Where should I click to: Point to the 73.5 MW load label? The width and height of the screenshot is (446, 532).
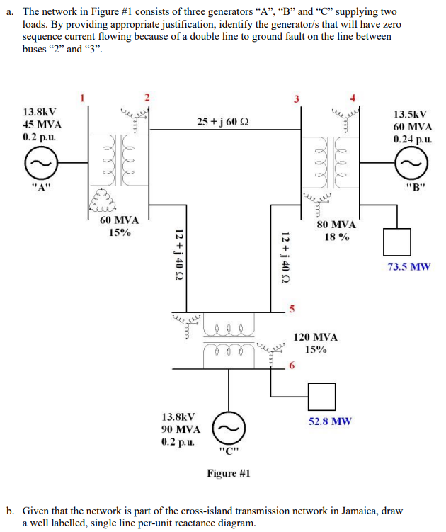point(408,267)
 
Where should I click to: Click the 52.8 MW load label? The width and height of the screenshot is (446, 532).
point(330,421)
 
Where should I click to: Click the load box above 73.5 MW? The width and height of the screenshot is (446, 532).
point(396,242)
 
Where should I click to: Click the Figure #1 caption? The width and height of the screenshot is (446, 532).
point(228,472)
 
